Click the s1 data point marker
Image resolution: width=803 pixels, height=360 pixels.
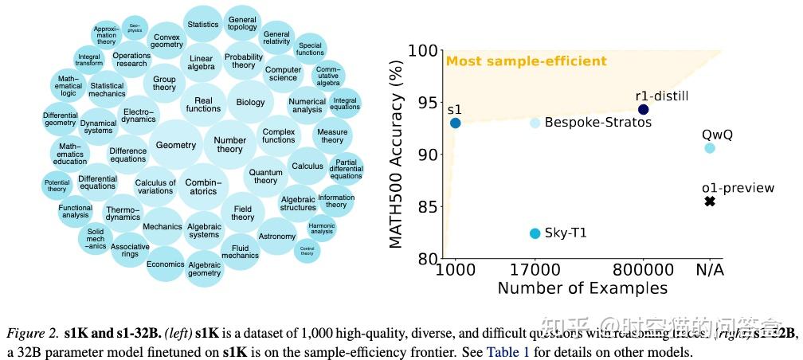click(x=455, y=123)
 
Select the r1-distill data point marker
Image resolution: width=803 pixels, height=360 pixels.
click(x=644, y=109)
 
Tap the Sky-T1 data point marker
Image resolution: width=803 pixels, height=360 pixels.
click(x=535, y=233)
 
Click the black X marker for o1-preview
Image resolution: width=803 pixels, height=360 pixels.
click(x=710, y=202)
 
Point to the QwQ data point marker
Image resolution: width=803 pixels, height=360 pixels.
click(x=710, y=148)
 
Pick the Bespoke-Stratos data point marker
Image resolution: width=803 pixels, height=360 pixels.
click(x=535, y=123)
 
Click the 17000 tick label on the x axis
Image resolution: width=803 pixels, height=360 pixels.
click(x=535, y=269)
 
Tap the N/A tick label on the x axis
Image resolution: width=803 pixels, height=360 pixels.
click(x=710, y=269)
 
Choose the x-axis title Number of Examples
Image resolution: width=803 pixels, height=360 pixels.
click(x=582, y=288)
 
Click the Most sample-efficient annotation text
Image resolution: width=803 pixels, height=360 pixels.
click(x=526, y=61)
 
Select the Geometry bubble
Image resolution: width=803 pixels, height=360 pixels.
click(x=176, y=145)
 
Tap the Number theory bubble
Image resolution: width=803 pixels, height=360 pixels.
click(x=229, y=145)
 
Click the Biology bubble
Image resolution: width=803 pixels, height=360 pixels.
click(x=250, y=103)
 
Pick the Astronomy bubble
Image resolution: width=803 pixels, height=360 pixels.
click(x=277, y=237)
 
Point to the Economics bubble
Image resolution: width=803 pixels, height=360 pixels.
click(x=166, y=264)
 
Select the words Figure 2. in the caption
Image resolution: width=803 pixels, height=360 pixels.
click(x=31, y=331)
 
